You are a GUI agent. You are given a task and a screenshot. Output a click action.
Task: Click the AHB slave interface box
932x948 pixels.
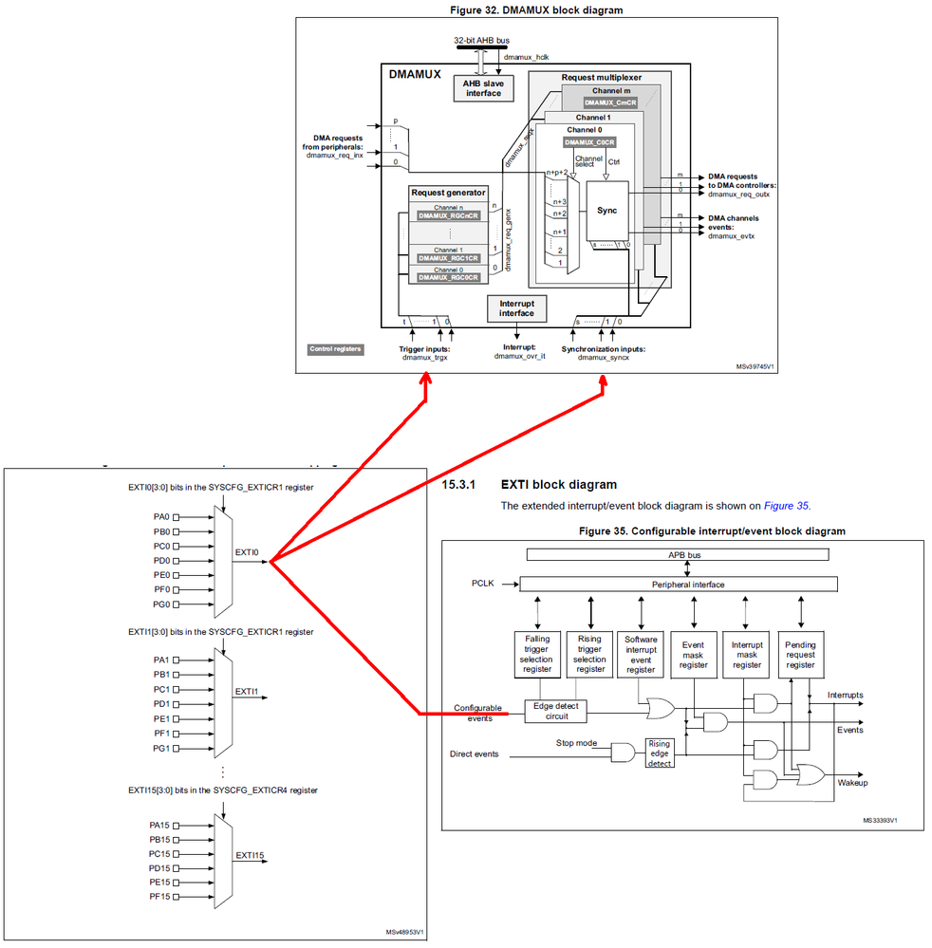coord(483,88)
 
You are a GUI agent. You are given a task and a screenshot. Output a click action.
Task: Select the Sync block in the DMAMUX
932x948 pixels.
coord(606,210)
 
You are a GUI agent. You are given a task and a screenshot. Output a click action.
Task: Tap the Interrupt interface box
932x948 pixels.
coord(516,307)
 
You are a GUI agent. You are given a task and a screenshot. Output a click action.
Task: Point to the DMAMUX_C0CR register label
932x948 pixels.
coord(587,142)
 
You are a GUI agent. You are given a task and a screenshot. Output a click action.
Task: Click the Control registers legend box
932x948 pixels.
coord(335,349)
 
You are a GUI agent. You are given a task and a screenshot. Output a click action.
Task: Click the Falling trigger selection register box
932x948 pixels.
coord(536,655)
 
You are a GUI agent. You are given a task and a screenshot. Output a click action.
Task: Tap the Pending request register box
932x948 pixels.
coord(800,655)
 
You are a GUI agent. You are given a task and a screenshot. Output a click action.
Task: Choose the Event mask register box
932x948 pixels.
coord(694,655)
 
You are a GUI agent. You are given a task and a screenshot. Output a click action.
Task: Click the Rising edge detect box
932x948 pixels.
coord(660,753)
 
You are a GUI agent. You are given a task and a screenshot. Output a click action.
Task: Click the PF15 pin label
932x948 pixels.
coord(158,897)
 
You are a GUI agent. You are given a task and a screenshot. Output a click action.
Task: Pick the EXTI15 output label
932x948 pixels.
coord(248,855)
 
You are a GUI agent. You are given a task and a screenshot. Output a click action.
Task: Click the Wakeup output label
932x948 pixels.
coord(851,783)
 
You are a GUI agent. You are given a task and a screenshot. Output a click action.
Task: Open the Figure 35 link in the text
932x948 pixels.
coord(787,506)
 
